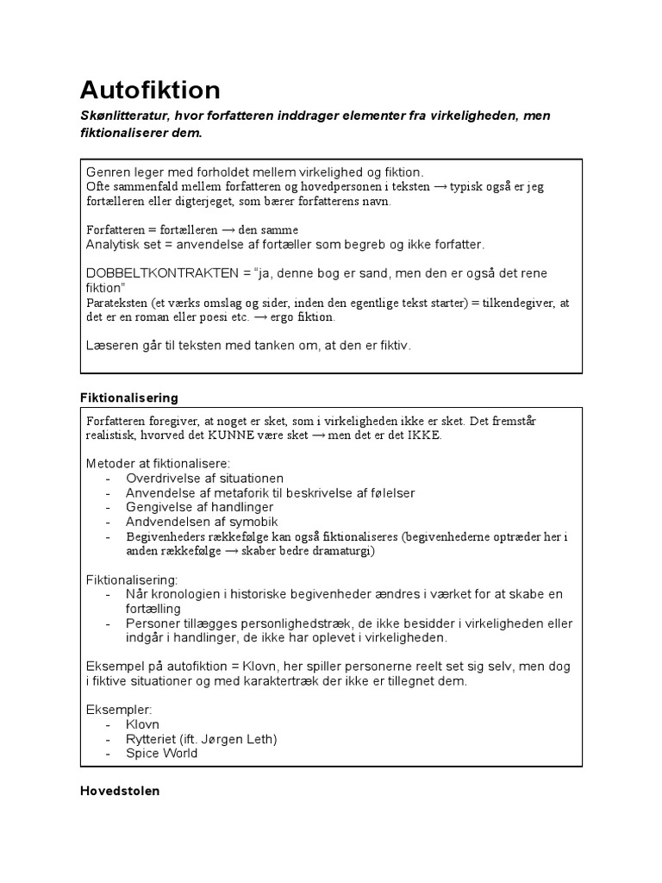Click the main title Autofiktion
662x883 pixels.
[x=150, y=90]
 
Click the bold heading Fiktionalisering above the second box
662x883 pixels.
[x=128, y=398]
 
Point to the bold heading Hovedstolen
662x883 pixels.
[x=119, y=790]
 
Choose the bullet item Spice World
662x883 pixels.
[x=161, y=753]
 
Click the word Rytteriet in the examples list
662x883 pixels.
[x=152, y=739]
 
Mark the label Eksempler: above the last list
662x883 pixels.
[x=118, y=709]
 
